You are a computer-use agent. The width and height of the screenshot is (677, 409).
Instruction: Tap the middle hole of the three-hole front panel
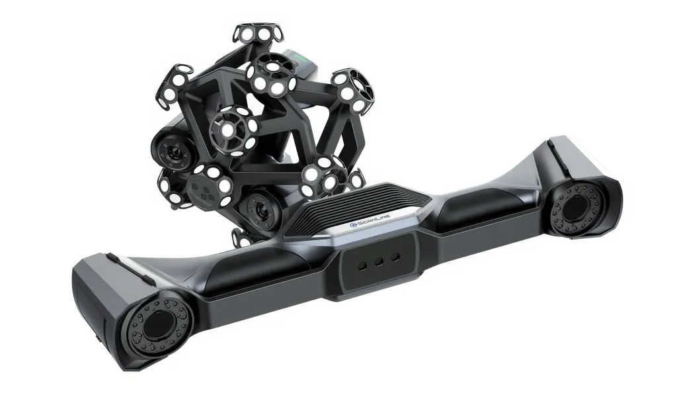point(378,260)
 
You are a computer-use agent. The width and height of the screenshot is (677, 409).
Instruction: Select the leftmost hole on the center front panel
point(362,264)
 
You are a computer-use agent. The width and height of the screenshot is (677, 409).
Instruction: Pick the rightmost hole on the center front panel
point(395,256)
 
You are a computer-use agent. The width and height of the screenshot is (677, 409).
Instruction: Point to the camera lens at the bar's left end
point(157,325)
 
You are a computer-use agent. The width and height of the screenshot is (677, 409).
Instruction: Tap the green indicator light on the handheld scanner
point(306,60)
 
